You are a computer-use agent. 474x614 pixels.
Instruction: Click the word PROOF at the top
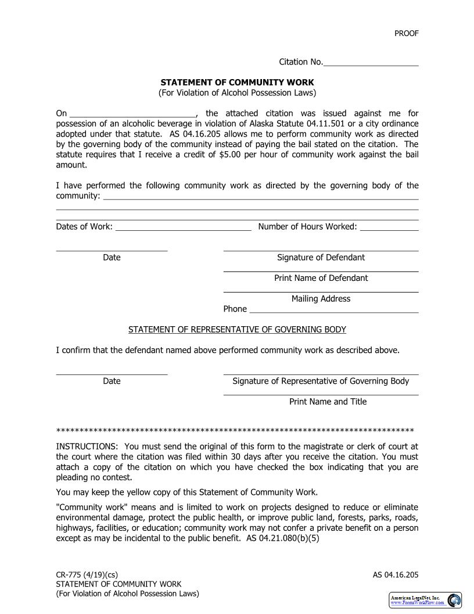click(406, 33)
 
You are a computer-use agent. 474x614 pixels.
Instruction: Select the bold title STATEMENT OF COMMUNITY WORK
click(237, 83)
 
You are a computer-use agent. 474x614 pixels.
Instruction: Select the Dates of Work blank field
click(183, 227)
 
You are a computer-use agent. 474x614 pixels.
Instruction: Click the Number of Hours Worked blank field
click(389, 227)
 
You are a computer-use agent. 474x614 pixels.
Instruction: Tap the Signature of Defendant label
click(321, 258)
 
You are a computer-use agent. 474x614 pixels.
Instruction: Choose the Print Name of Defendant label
click(321, 278)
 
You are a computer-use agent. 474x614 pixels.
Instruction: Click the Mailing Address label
click(321, 299)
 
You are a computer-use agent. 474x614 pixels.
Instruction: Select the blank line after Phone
click(333, 309)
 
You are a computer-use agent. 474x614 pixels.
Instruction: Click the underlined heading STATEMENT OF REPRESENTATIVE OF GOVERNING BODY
click(237, 330)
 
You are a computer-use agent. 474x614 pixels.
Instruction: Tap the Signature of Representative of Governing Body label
click(321, 381)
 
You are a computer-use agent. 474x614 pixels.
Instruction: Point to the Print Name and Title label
click(328, 402)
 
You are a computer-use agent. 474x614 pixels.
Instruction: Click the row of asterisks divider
click(235, 431)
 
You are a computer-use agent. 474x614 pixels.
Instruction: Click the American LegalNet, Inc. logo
click(425, 600)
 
